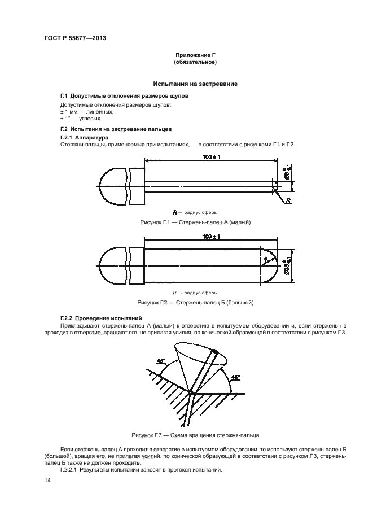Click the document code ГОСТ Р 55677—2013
tap(75, 38)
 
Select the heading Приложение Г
tap(195, 55)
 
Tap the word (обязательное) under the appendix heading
tap(195, 62)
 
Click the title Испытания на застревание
tap(195, 84)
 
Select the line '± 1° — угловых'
tap(81, 119)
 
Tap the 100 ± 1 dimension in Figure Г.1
tap(210, 156)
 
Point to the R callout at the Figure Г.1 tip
tap(288, 200)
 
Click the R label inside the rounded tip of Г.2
tap(265, 259)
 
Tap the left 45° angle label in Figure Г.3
tap(162, 360)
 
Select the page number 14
tap(46, 480)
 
